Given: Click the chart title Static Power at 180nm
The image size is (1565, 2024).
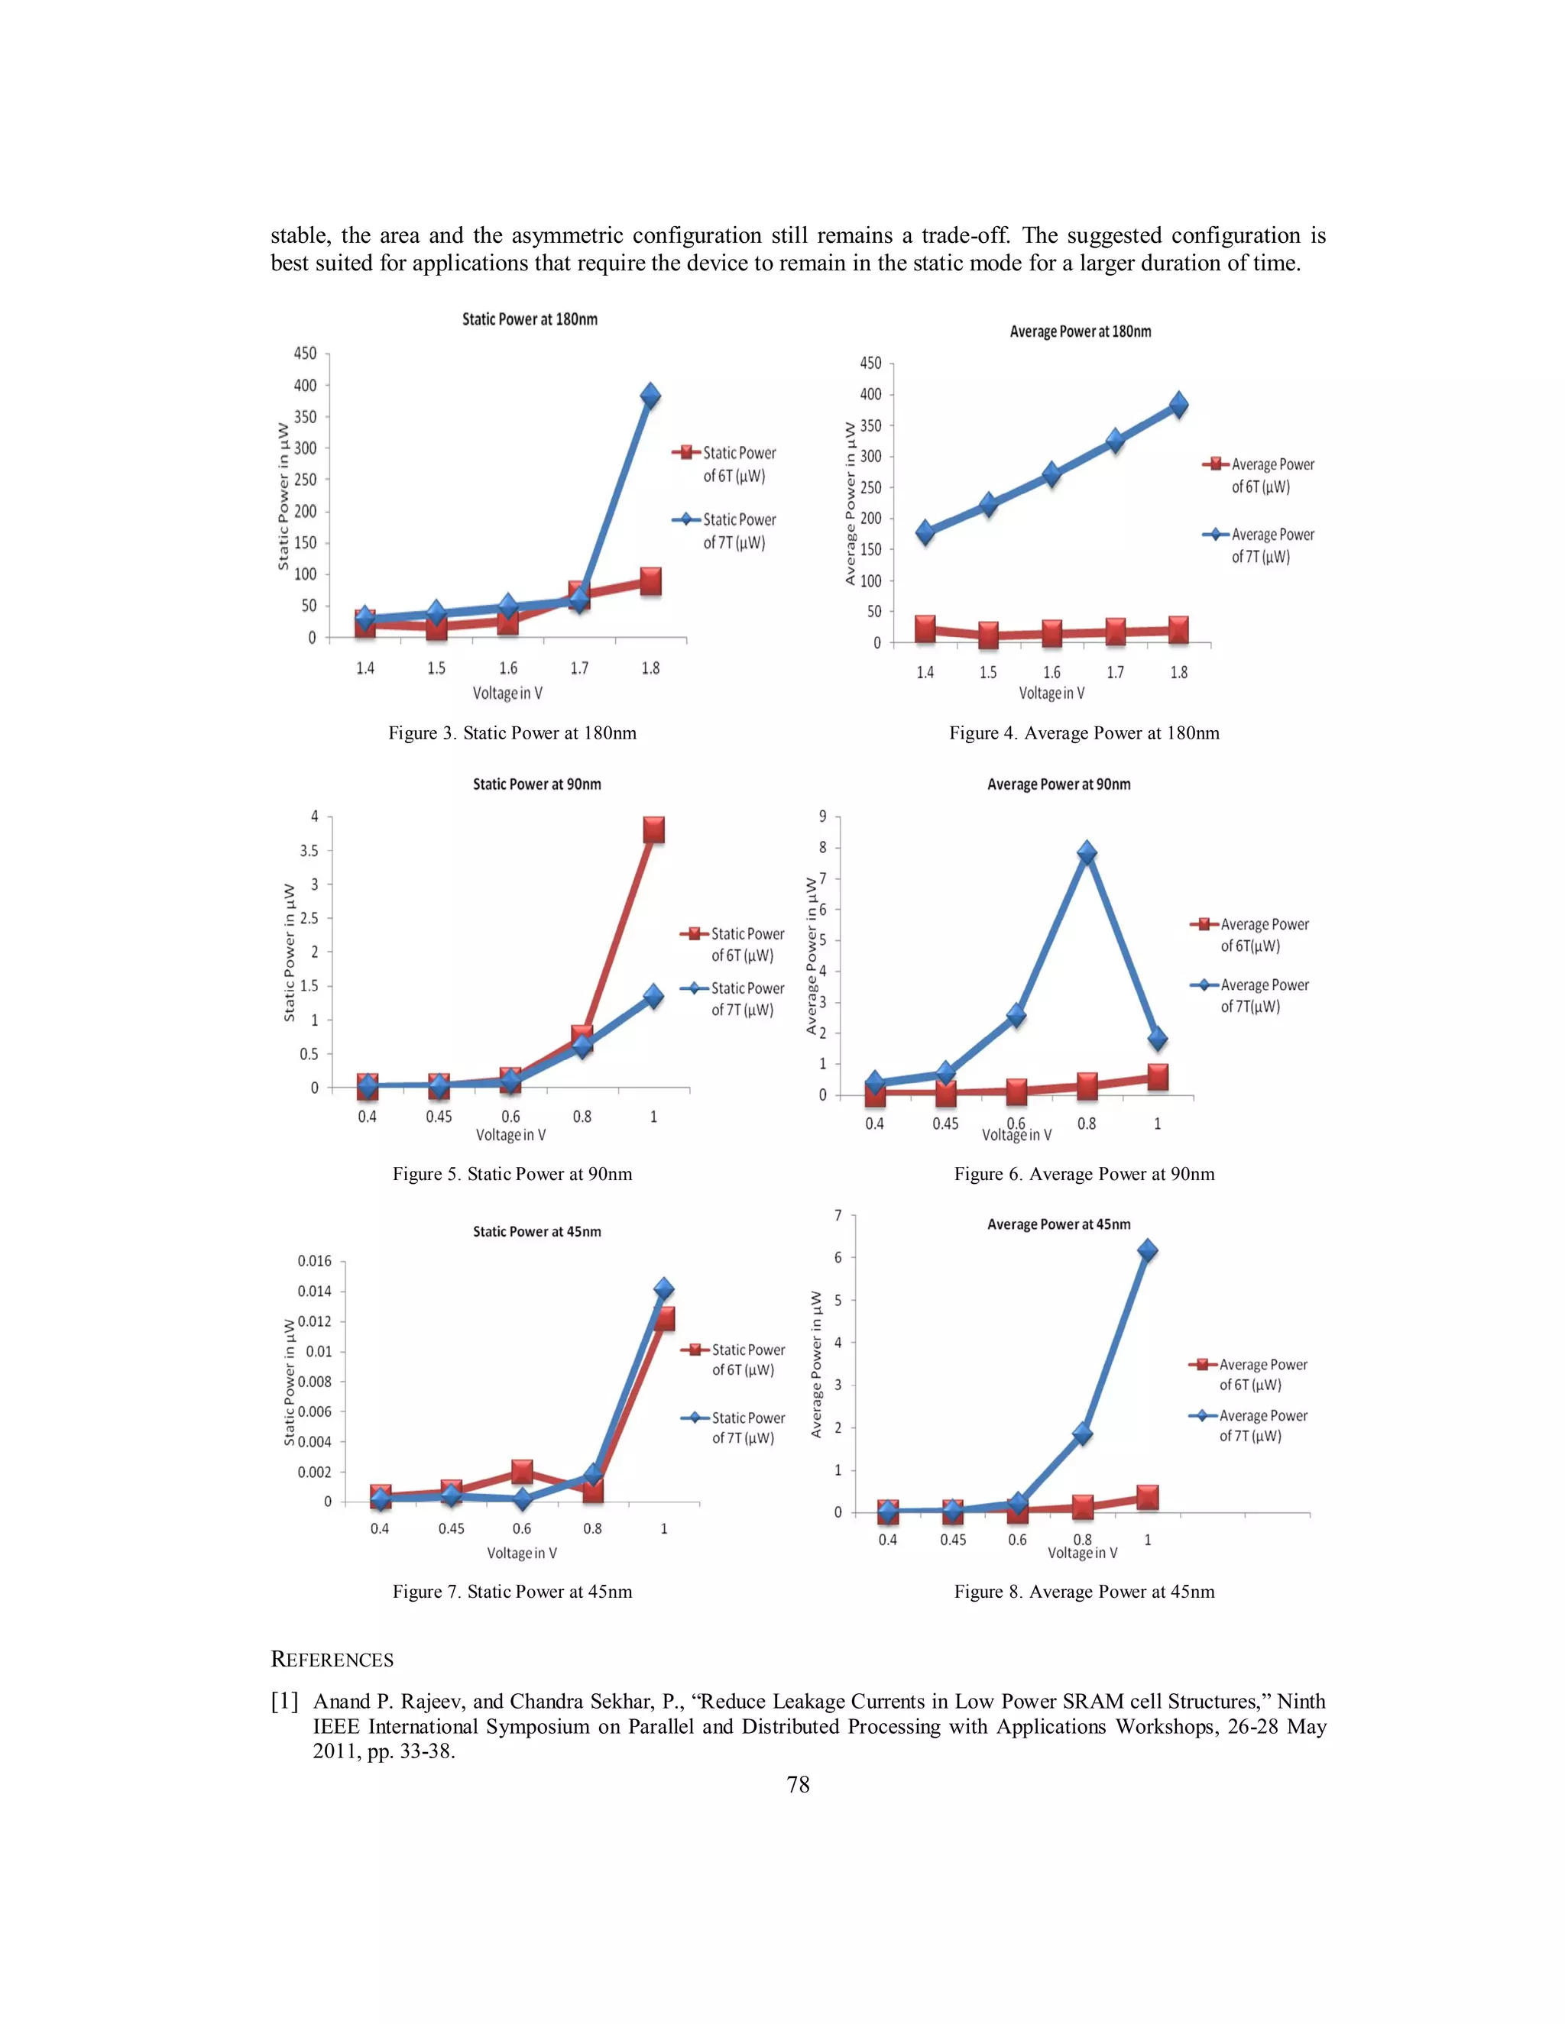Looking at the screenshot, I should pos(530,318).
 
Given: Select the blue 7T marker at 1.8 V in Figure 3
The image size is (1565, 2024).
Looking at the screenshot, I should pos(651,396).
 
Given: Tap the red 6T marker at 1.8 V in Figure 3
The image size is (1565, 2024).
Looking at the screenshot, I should pos(651,582).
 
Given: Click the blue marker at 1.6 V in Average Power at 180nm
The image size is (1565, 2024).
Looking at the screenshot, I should pos(1051,474).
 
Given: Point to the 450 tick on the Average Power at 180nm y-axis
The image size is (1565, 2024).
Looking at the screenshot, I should pos(870,364).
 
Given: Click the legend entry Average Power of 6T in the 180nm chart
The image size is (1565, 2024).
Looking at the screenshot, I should pos(1260,475).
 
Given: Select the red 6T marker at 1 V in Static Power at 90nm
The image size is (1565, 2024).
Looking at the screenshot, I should pos(653,829).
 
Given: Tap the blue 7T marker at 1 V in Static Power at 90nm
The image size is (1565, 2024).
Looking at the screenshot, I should pos(653,996).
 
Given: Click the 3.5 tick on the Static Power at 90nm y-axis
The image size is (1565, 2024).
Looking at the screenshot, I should pos(309,850).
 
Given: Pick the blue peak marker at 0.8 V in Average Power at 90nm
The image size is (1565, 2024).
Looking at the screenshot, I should pos(1087,852).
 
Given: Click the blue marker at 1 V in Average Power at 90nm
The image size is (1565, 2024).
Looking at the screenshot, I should pos(1157,1039).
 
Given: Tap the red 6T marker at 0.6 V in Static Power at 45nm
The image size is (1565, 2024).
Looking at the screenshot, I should pos(522,1471).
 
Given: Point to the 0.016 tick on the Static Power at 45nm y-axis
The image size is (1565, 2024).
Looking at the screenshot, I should pos(314,1260).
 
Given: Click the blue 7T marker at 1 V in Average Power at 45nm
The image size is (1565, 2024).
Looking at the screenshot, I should pos(1147,1250).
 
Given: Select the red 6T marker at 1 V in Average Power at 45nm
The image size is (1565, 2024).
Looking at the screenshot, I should pos(1147,1497).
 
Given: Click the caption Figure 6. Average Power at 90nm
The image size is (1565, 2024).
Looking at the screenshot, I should pos(1084,1174).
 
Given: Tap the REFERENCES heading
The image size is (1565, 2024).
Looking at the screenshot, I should pos(332,1660).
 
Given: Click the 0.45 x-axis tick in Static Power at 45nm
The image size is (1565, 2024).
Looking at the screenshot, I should pos(451,1528).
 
